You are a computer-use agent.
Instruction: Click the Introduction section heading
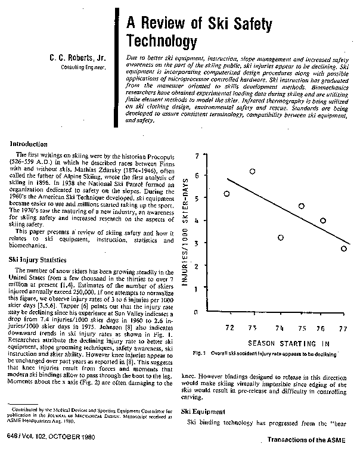[x=30, y=144]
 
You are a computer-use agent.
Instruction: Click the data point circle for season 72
[x=226, y=194]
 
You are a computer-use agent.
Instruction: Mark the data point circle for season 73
[x=252, y=171]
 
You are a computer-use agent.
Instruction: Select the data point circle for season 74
[x=281, y=238]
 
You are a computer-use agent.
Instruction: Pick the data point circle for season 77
[x=344, y=249]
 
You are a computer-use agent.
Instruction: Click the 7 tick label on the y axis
[x=195, y=156]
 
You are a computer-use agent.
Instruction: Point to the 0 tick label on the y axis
[x=195, y=312]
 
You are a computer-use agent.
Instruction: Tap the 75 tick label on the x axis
[x=302, y=328]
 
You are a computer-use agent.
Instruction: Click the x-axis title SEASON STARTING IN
[x=280, y=344]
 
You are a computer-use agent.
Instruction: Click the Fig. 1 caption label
[x=208, y=355]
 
